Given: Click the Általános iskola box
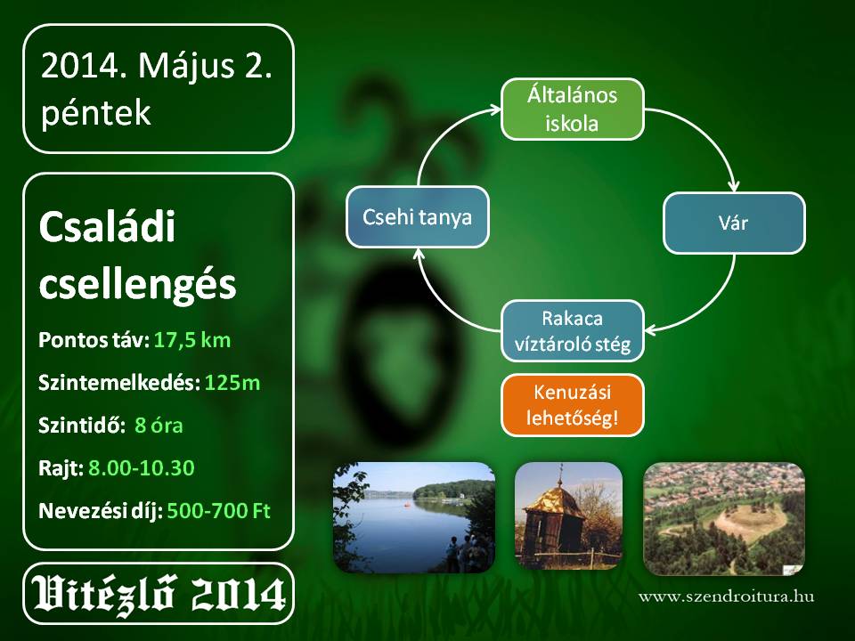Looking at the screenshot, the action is (573, 109).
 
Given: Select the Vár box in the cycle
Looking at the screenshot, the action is (734, 223).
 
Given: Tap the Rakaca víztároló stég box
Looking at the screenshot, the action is (573, 331).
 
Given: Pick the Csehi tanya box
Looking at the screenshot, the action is (418, 217).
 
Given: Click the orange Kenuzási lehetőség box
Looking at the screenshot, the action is (573, 405).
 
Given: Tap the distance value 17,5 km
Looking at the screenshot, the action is (192, 340).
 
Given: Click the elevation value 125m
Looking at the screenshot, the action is (232, 383).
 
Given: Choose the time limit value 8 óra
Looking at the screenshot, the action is (159, 426).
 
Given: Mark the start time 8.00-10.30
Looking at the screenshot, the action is (142, 468).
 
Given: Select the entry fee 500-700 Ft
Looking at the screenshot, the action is (219, 511).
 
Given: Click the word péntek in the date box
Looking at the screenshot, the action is (96, 113).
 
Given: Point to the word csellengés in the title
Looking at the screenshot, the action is (137, 285).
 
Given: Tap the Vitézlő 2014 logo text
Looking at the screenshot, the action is (159, 594).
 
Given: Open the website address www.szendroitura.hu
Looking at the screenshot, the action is (727, 596).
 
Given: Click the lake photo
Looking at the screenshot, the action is (414, 517).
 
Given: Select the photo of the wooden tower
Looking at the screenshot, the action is (569, 516).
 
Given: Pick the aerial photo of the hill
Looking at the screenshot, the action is (724, 519).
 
